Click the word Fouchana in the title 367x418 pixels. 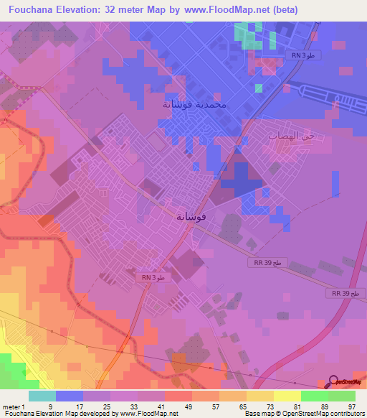click(28, 9)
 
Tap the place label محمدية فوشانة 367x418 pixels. click(194, 104)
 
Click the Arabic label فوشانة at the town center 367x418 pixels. click(192, 215)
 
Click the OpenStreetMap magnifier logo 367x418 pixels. click(334, 382)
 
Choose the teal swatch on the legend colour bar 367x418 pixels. click(42, 396)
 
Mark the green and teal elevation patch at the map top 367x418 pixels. click(249, 34)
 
